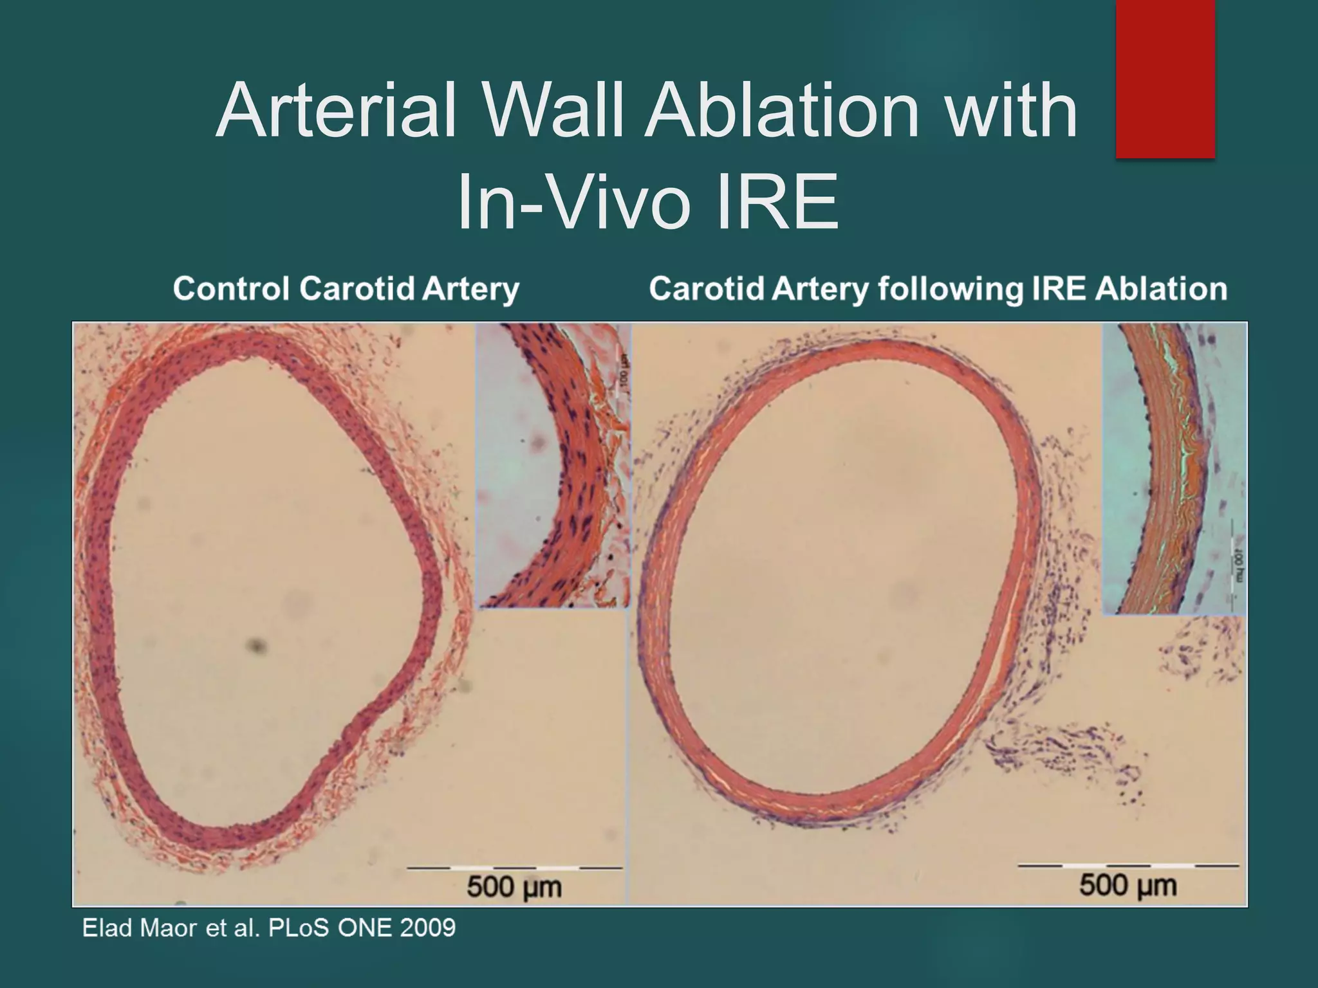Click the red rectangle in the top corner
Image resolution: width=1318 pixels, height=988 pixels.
pos(1165,78)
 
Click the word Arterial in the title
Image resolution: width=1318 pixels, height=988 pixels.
pos(335,111)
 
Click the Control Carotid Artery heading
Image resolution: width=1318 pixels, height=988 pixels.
pos(346,288)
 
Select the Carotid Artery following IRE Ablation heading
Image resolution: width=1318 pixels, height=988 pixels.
pos(938,288)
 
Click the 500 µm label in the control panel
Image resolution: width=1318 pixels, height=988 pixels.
pos(514,888)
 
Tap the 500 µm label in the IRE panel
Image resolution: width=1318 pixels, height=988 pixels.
pos(1128,886)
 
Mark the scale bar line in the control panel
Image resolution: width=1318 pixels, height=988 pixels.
pos(514,868)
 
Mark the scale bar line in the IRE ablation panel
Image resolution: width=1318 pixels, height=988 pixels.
pos(1128,866)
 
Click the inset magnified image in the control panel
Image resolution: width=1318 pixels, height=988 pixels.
pos(553,466)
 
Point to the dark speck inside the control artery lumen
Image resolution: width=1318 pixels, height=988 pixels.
pos(255,645)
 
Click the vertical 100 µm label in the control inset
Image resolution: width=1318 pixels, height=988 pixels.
pos(622,373)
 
